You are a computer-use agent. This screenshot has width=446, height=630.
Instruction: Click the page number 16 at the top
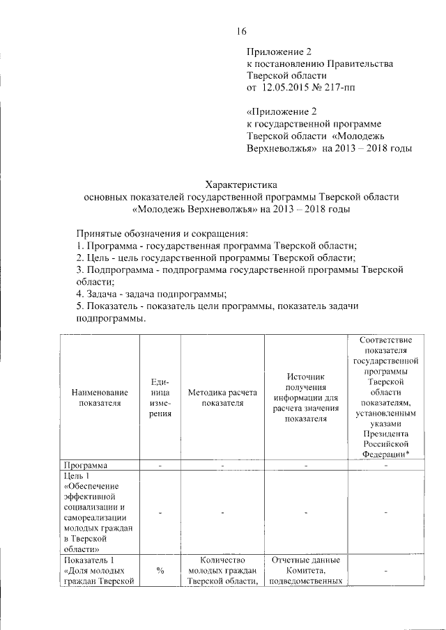tap(241, 31)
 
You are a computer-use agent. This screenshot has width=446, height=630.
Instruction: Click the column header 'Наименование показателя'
tap(100, 397)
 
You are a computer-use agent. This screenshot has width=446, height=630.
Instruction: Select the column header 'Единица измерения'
tap(160, 397)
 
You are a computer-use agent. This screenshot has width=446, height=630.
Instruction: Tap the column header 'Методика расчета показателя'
tap(222, 397)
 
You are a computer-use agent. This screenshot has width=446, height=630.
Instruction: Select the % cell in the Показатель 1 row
tap(160, 571)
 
